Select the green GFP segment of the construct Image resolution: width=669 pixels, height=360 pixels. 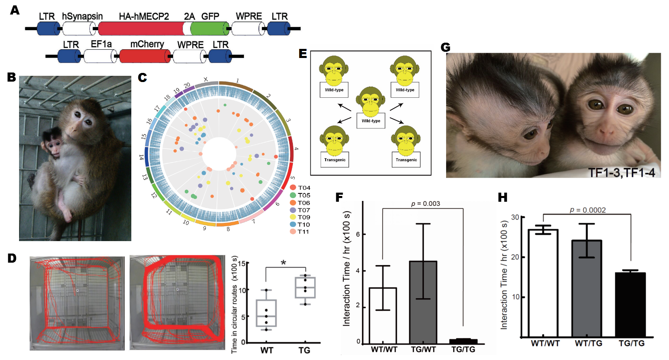coord(209,29)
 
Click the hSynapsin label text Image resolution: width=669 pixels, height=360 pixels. coord(82,16)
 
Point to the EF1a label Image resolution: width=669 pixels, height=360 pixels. coord(101,44)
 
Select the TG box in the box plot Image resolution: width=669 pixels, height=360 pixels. coord(305,288)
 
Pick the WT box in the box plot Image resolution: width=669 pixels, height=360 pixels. coord(266,313)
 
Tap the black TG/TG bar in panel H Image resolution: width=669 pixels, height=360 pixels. coord(630,304)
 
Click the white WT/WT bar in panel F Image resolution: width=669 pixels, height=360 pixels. coord(383,315)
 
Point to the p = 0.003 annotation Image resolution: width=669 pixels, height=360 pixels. coord(425,203)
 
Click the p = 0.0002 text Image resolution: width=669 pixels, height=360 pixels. coord(587,210)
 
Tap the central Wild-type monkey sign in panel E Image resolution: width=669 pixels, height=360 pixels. coord(371,121)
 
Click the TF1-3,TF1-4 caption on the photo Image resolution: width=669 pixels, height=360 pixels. coord(621,172)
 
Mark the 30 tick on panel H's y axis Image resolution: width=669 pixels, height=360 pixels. coord(515,217)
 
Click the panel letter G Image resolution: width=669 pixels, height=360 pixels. coord(445,47)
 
